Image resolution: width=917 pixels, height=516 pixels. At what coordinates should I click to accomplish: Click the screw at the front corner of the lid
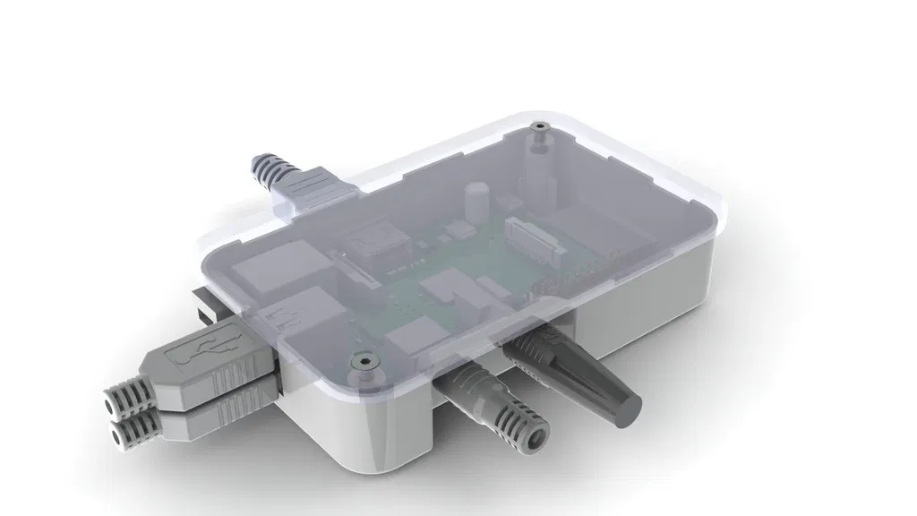(362, 362)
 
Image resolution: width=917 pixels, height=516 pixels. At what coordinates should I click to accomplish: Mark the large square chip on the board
(376, 242)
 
